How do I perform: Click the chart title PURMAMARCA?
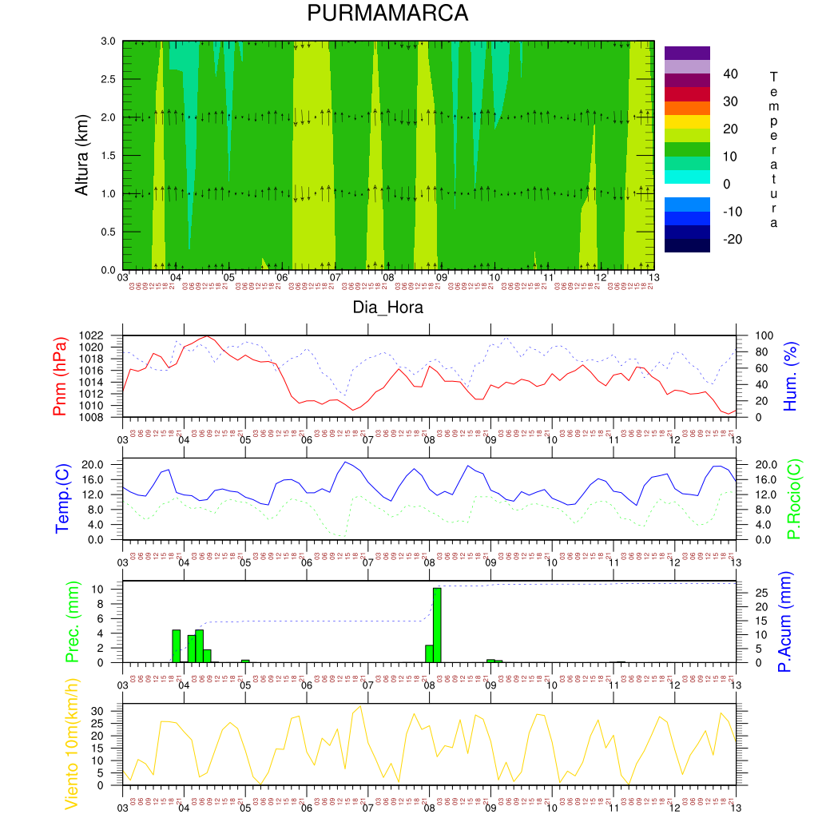(387, 14)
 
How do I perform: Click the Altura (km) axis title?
(81, 154)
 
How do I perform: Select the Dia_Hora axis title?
(387, 307)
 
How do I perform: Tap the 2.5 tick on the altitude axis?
(107, 79)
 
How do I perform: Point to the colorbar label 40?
(729, 74)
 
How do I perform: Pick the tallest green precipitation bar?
(437, 625)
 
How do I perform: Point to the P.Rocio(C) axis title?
(792, 500)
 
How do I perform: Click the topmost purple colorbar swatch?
(687, 53)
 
